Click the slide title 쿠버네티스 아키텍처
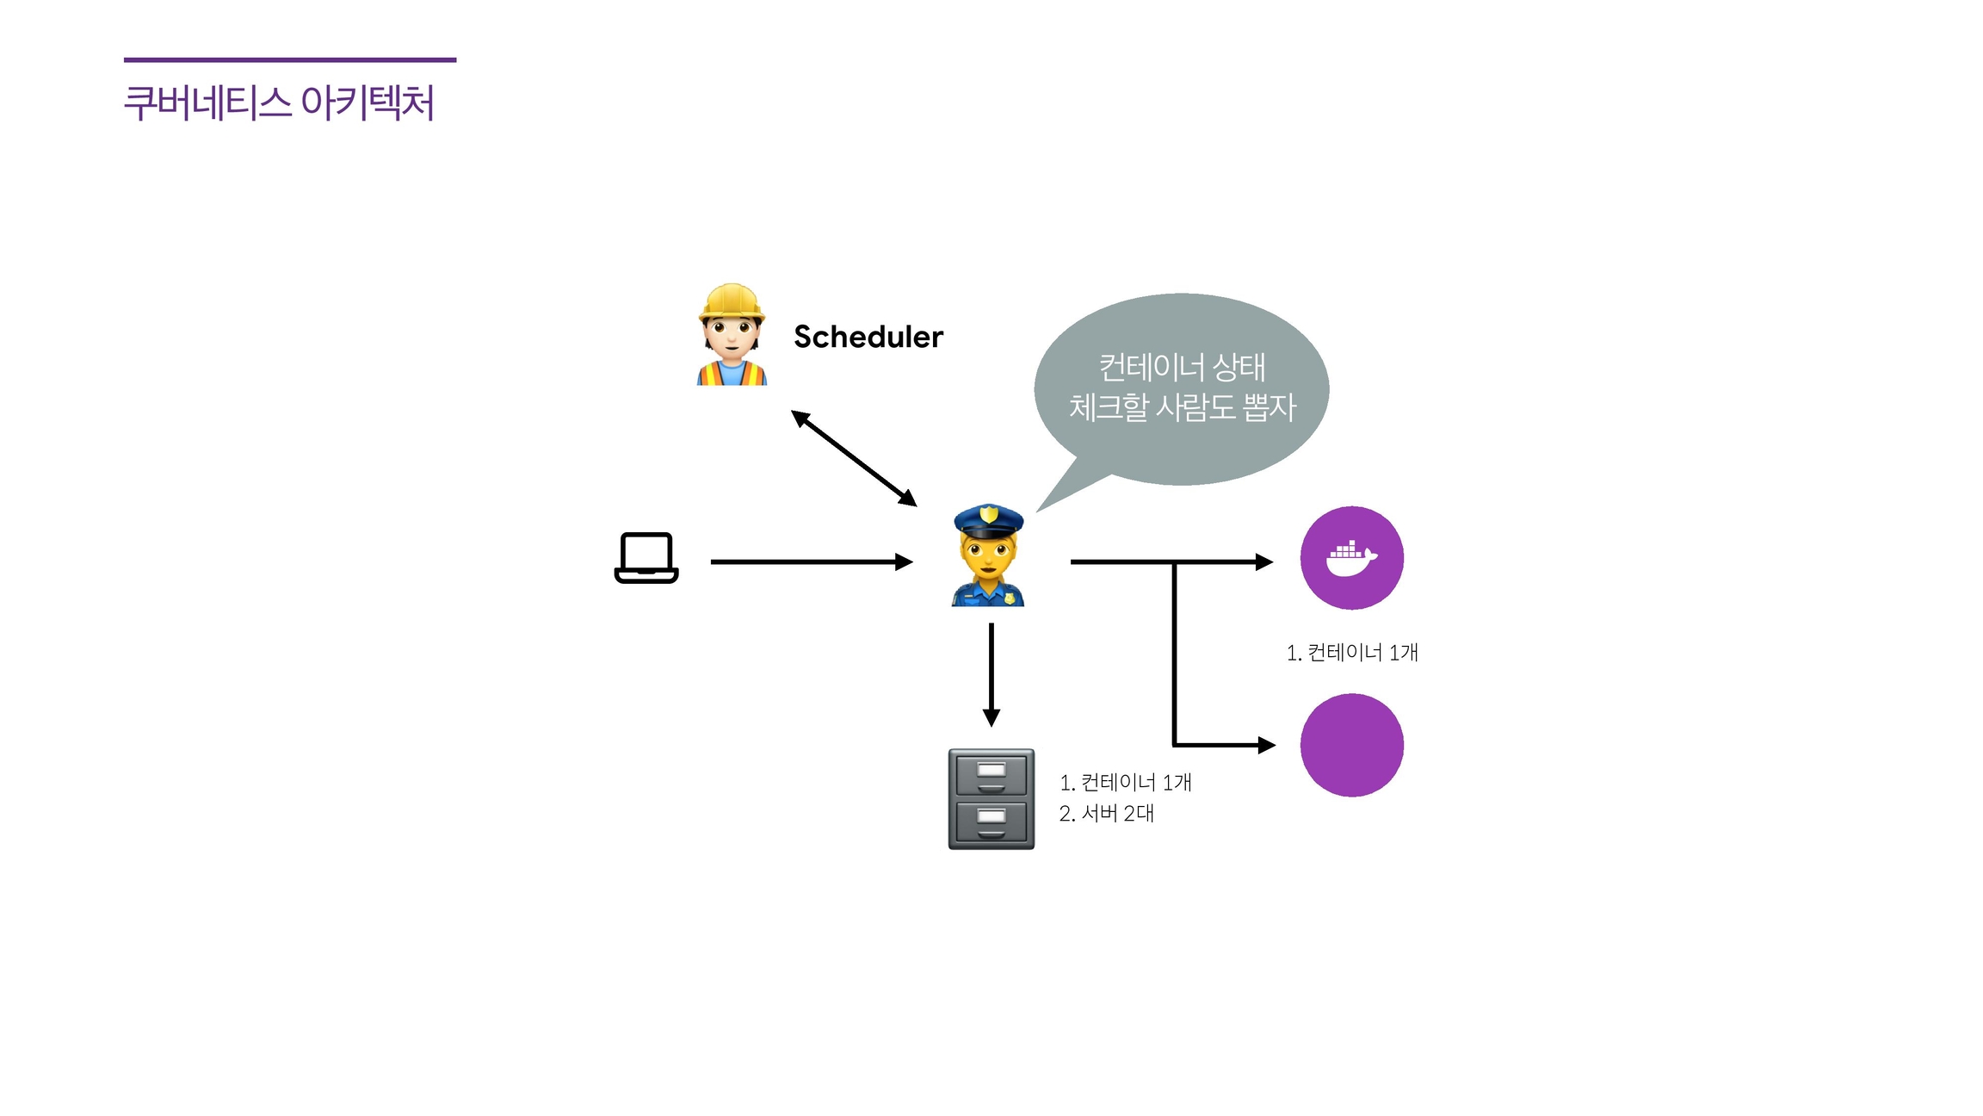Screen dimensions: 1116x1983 point(279,102)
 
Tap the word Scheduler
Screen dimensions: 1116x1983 point(868,337)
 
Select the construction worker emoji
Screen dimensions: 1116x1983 point(732,336)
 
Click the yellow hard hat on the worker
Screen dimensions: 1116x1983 point(732,301)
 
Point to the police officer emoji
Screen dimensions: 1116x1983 point(988,556)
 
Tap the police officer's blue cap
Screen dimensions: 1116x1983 point(989,519)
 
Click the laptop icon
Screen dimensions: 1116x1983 point(646,558)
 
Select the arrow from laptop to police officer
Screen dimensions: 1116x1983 point(809,561)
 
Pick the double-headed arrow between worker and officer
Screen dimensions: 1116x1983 point(854,458)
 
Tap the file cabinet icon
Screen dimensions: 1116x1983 point(991,799)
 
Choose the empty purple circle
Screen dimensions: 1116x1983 point(1351,745)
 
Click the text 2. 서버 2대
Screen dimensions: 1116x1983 point(1106,814)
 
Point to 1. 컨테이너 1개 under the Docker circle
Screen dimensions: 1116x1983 point(1351,653)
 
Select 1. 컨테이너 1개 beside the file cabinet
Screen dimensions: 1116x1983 point(1125,783)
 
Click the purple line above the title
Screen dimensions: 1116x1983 point(290,59)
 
